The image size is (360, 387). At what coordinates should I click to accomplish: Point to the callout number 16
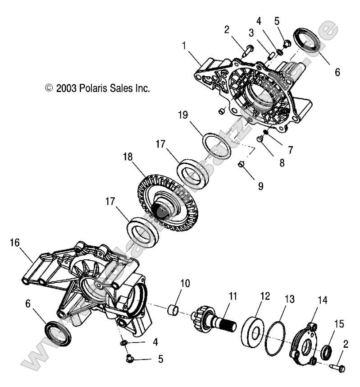pos(14,244)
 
